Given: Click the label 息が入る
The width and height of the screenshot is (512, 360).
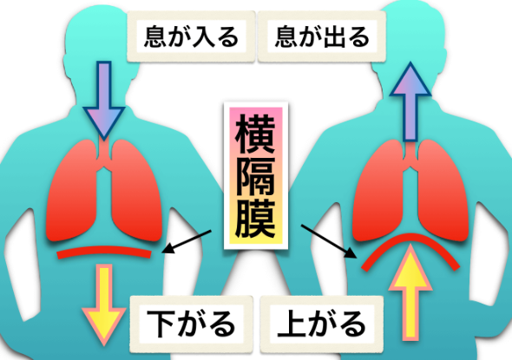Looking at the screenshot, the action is point(191,36).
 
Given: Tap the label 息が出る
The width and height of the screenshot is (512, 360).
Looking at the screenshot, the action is point(322,36).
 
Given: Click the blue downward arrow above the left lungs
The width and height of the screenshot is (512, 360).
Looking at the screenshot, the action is point(104,100).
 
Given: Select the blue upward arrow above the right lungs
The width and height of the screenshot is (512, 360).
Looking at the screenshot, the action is point(410,101).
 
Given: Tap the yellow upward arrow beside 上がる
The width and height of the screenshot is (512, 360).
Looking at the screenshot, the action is point(410,292).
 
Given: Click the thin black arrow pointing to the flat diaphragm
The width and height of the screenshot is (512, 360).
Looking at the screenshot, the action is point(187,241).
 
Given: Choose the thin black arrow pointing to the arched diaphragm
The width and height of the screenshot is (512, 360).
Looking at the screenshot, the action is point(329,241).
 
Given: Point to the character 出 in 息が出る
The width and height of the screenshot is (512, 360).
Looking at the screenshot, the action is point(332,36).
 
